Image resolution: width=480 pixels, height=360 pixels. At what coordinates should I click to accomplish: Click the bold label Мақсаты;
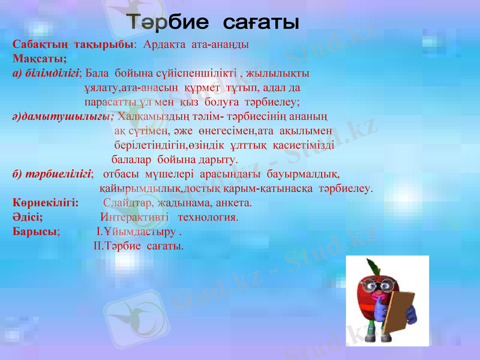(39, 59)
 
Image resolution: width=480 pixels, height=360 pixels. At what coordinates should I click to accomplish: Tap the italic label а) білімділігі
(46, 73)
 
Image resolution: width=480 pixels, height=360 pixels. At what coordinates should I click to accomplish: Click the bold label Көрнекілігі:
(46, 203)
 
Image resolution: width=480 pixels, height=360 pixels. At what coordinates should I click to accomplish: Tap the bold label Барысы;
(35, 232)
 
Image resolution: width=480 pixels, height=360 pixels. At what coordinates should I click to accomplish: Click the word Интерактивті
(131, 217)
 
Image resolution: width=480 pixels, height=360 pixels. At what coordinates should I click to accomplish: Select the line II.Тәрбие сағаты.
(139, 246)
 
